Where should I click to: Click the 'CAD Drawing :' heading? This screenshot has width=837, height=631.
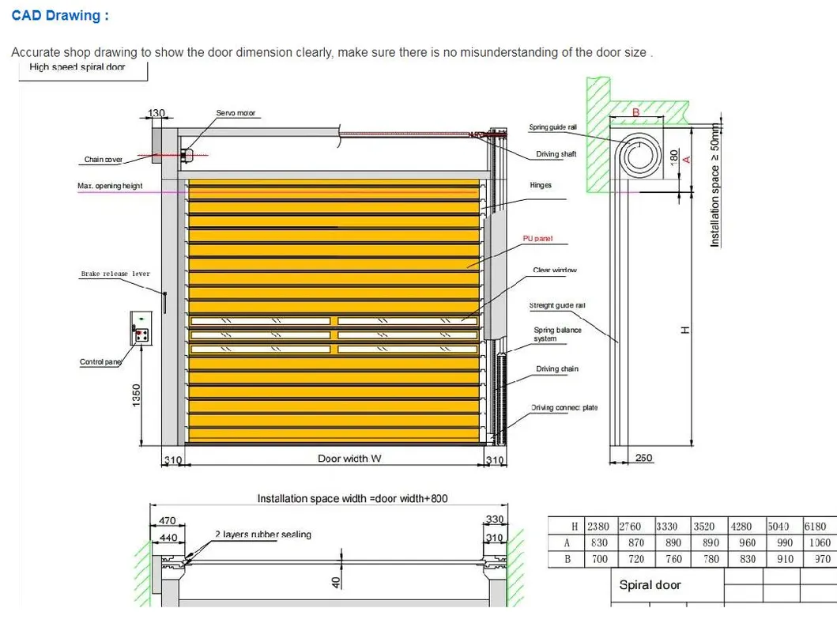60,16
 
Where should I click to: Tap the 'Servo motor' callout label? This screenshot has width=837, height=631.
236,114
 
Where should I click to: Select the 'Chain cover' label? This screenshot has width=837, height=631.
103,160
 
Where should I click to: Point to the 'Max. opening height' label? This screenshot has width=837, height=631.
110,186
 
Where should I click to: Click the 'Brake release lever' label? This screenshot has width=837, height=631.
115,274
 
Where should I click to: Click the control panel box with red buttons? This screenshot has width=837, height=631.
141,327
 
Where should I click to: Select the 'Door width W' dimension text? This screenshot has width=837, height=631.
349,459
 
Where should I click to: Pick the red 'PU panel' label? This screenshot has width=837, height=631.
537,239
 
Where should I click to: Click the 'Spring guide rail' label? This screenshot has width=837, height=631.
552,127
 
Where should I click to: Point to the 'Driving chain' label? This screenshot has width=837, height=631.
557,369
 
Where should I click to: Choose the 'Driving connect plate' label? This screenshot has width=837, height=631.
564,408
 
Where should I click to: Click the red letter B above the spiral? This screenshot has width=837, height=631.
635,113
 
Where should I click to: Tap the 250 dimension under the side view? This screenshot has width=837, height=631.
644,458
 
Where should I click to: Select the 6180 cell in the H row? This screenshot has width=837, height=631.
815,526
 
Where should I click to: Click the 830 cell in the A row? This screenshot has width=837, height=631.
599,543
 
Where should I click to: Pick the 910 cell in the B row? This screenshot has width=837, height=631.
786,559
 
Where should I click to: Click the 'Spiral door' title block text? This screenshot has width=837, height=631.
650,585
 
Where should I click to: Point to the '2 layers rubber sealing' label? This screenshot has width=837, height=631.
263,535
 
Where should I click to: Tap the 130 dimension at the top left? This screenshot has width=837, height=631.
156,113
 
